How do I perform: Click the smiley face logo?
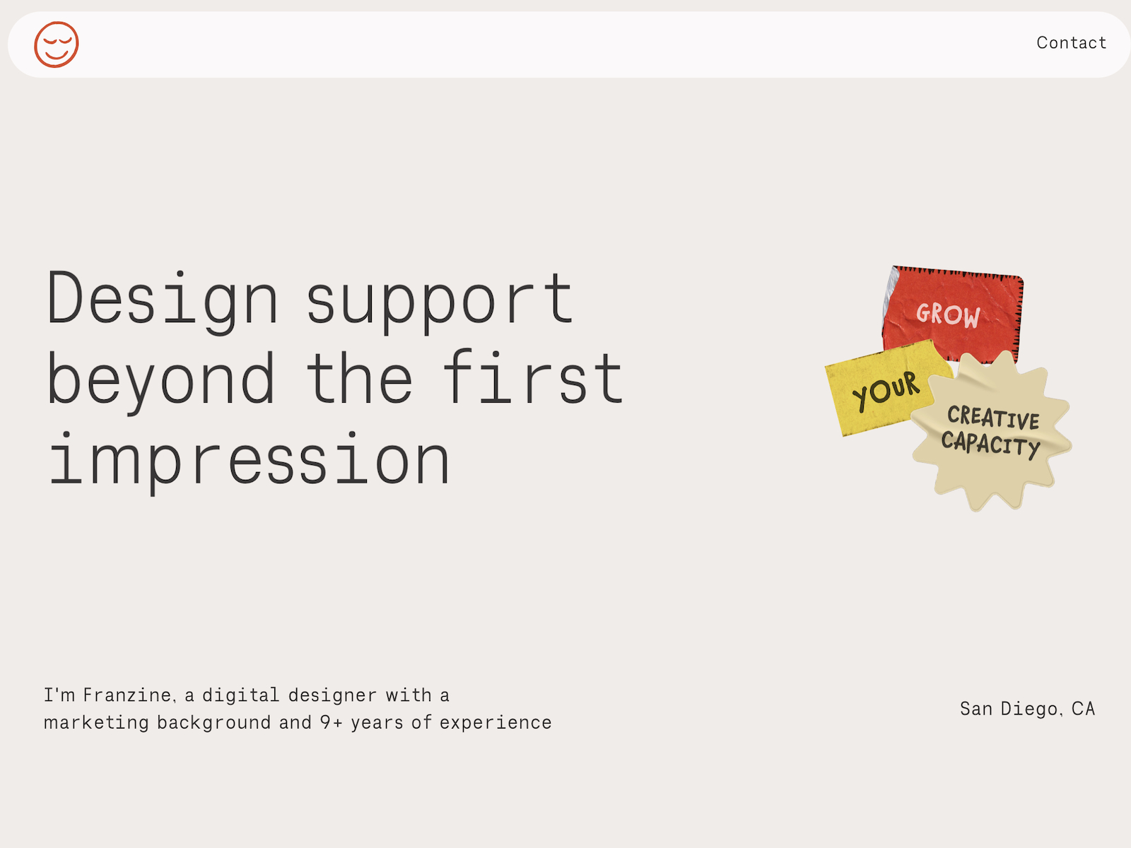point(56,45)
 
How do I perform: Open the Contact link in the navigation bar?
point(1071,42)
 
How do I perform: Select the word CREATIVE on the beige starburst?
point(993,417)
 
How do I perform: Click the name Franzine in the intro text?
point(127,695)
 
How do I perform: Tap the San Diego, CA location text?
point(1027,709)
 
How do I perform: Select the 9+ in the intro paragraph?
point(331,722)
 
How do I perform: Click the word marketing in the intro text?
point(96,722)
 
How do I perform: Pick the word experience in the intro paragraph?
point(496,723)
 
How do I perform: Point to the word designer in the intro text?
point(332,695)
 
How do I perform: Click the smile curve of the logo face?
point(56,54)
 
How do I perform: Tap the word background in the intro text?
point(214,723)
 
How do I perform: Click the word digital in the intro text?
point(240,695)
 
